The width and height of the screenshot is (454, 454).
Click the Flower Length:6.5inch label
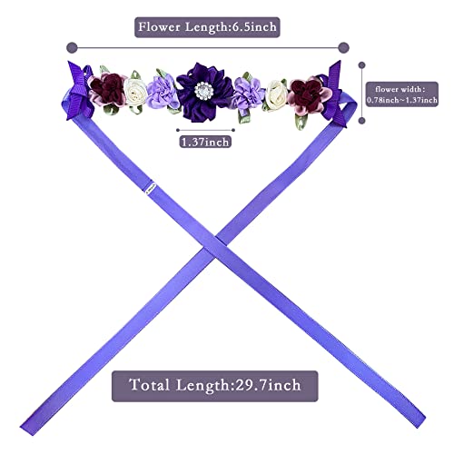(x=207, y=27)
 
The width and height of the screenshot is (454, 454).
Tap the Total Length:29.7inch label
(x=215, y=386)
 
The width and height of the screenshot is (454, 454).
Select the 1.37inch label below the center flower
(x=205, y=142)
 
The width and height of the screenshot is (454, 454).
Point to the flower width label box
(x=402, y=94)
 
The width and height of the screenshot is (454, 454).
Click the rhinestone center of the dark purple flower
(x=203, y=91)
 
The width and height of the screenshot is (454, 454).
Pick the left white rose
(x=135, y=92)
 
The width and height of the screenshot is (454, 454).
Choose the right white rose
(x=276, y=94)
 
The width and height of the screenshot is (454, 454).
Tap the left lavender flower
(x=163, y=92)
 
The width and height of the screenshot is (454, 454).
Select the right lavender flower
(x=248, y=93)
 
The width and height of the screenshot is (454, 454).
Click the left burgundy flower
(x=107, y=90)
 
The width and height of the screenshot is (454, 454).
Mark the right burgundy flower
(x=308, y=94)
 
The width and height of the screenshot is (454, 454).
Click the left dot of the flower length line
(x=72, y=47)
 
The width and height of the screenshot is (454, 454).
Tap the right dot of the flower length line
(x=343, y=47)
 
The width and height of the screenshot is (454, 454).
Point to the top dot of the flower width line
(x=361, y=65)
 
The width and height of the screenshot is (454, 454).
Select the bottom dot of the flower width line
(x=361, y=121)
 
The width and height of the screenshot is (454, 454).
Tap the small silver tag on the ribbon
(x=150, y=187)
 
